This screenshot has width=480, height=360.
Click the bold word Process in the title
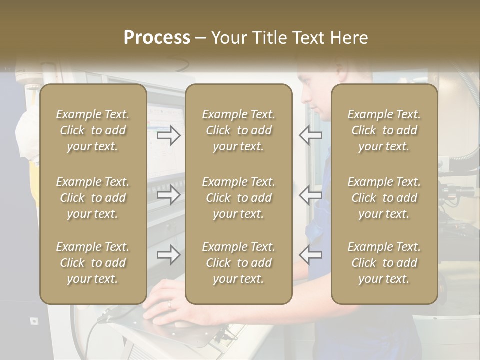pyautogui.click(x=157, y=38)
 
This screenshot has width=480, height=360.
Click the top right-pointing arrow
pyautogui.click(x=168, y=135)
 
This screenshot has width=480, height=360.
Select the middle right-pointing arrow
pyautogui.click(x=168, y=195)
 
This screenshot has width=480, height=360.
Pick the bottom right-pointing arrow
pyautogui.click(x=168, y=255)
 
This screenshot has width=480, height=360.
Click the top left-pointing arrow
pyautogui.click(x=310, y=135)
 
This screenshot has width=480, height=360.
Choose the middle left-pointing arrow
pyautogui.click(x=310, y=195)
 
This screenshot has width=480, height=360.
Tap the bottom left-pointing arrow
pyautogui.click(x=310, y=255)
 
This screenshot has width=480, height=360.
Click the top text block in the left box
pyautogui.click(x=93, y=130)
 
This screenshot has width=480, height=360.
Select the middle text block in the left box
pyautogui.click(x=93, y=198)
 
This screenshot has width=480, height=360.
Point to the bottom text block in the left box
pyautogui.click(x=93, y=263)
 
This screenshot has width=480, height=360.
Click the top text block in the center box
pyautogui.click(x=238, y=130)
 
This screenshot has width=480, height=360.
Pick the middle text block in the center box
pyautogui.click(x=238, y=198)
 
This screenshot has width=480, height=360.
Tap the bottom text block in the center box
pyautogui.click(x=238, y=263)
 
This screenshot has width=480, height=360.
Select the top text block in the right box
pyautogui.click(x=384, y=130)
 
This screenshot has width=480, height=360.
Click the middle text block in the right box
pyautogui.click(x=384, y=198)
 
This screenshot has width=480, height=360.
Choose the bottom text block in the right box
pyautogui.click(x=384, y=263)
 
